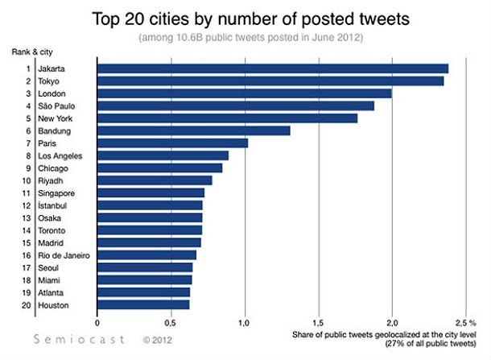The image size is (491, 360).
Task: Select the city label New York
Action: [x=55, y=118]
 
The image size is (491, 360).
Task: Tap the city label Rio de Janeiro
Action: [x=64, y=255]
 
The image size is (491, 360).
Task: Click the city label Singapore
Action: [x=56, y=193]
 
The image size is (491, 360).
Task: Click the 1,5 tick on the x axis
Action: [x=319, y=321]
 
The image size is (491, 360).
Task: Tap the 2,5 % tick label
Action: [x=467, y=321]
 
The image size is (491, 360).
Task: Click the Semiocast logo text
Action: [x=80, y=340]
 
